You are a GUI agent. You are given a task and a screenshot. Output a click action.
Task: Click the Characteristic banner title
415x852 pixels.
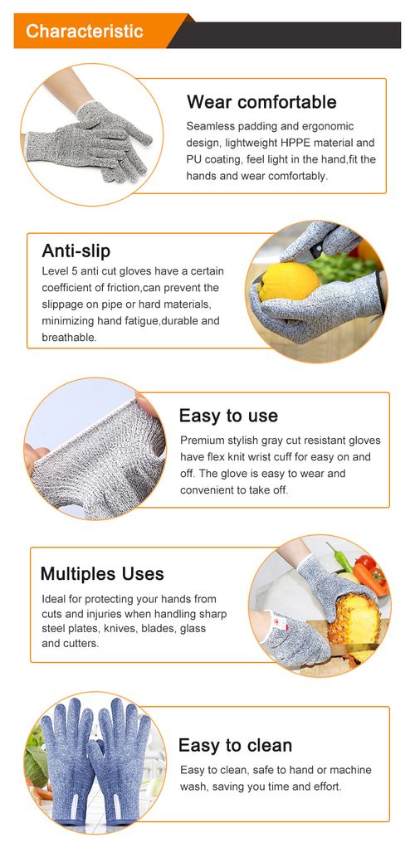84,32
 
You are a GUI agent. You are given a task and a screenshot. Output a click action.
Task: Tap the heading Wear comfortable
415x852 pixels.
261,102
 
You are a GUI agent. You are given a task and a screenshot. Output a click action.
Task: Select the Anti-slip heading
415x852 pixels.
76,251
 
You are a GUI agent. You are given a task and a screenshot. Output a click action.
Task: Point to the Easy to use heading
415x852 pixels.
228,416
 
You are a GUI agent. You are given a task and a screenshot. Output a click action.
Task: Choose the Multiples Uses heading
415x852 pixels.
102,573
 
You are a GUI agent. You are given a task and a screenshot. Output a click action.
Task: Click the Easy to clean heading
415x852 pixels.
235,745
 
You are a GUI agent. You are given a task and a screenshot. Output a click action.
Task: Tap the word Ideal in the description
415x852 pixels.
54,599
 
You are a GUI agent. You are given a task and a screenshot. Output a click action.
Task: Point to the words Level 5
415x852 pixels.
60,271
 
